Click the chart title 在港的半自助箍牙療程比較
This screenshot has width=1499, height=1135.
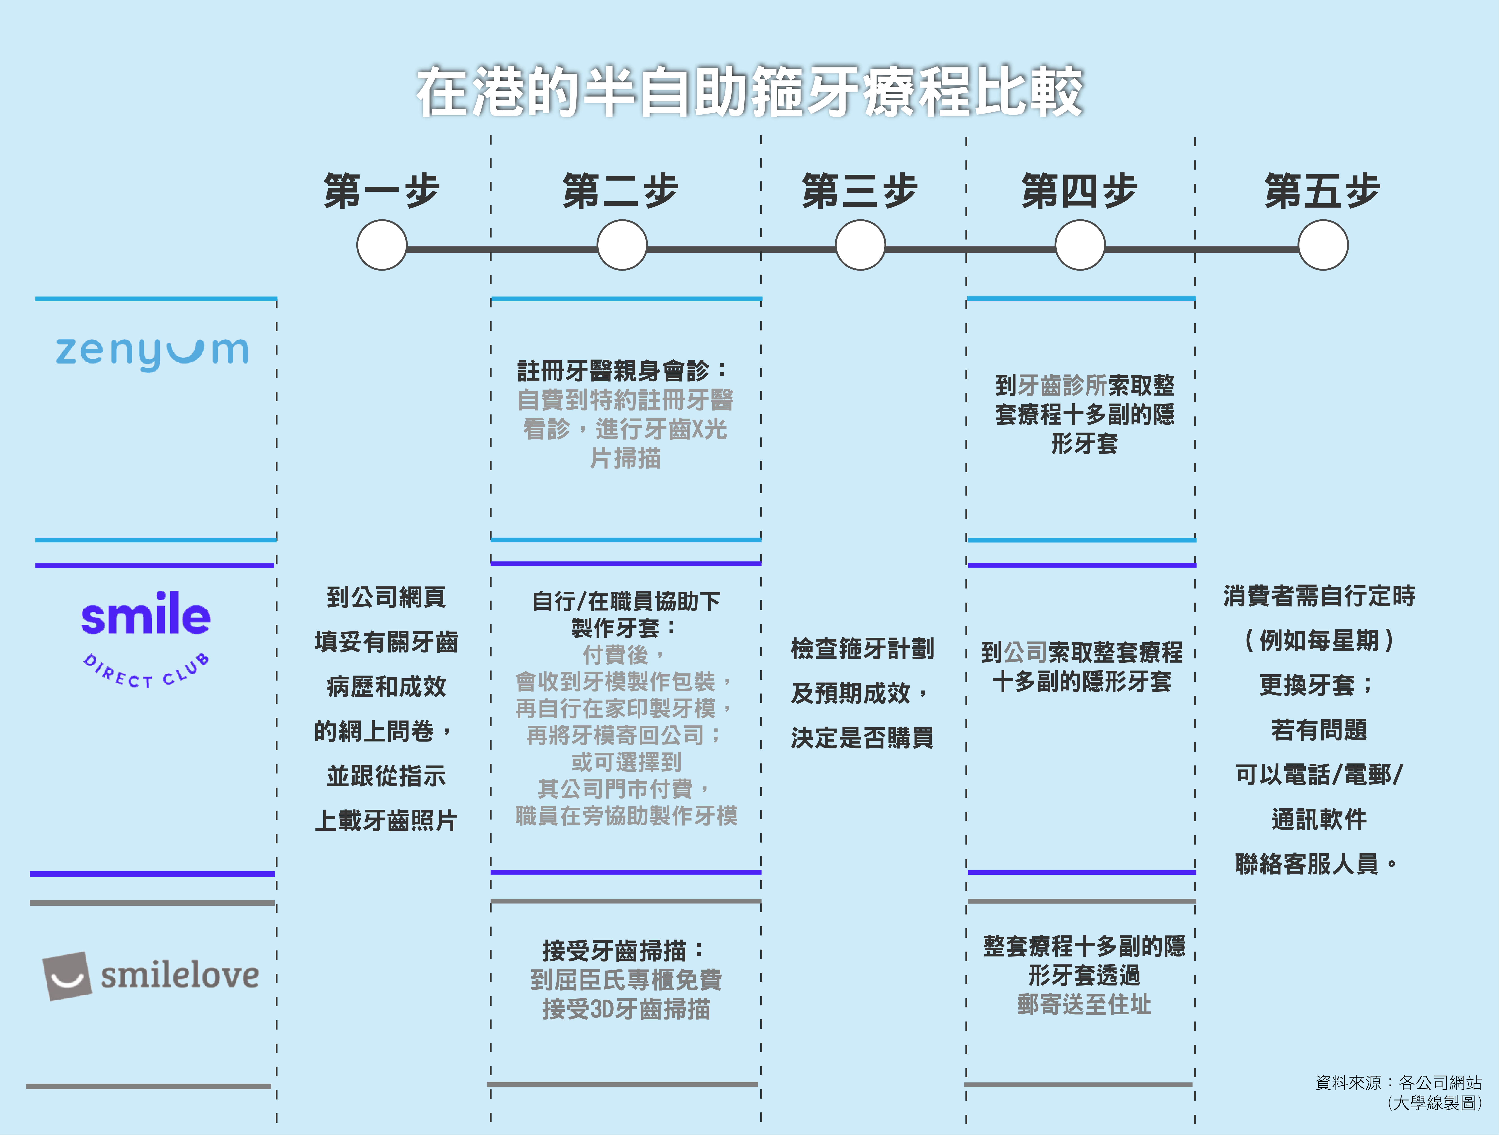pyautogui.click(x=749, y=91)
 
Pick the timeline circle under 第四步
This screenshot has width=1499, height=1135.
pyautogui.click(x=1080, y=245)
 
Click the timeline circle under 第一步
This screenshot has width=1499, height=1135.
pyautogui.click(x=382, y=245)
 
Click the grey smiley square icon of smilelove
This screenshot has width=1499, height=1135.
pyautogui.click(x=67, y=976)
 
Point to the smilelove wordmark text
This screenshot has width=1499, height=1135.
pyautogui.click(x=180, y=976)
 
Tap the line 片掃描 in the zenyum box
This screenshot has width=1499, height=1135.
pyautogui.click(x=625, y=459)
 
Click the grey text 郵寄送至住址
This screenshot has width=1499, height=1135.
pyautogui.click(x=1084, y=1004)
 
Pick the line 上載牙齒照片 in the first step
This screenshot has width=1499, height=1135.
pyautogui.click(x=386, y=821)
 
